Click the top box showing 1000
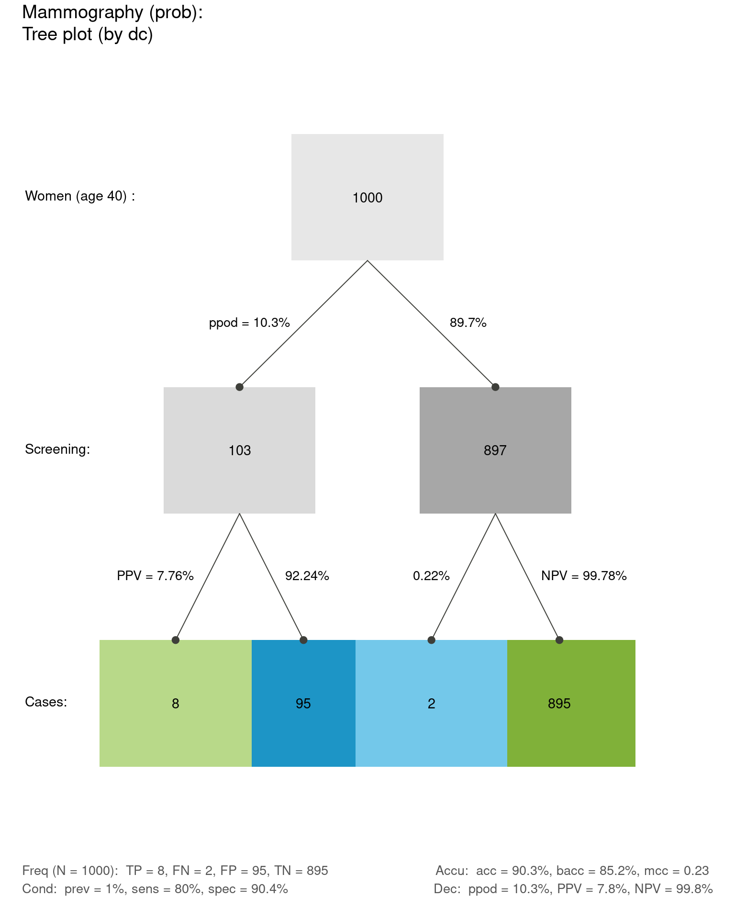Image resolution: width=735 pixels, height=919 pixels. (x=367, y=197)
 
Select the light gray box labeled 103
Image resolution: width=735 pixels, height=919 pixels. (x=239, y=450)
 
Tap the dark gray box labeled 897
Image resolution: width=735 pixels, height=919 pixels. (x=495, y=450)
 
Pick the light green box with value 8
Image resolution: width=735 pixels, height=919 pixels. (x=175, y=703)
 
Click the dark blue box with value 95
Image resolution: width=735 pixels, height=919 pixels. (x=303, y=703)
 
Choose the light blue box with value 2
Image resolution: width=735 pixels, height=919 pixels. (x=431, y=703)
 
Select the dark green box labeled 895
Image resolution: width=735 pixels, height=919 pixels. (x=571, y=703)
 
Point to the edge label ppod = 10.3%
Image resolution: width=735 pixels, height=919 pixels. (x=249, y=323)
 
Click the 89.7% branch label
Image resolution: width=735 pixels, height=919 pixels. (x=468, y=323)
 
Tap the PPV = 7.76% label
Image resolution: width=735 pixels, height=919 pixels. (x=155, y=576)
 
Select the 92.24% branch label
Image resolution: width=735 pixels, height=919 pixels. (x=307, y=576)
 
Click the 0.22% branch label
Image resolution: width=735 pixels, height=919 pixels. (x=431, y=576)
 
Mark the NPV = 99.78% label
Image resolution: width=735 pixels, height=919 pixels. (x=584, y=576)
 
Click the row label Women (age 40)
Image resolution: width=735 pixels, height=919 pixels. (x=80, y=196)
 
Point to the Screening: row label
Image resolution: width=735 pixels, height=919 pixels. (x=57, y=449)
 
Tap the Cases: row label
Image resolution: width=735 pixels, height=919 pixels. (x=46, y=702)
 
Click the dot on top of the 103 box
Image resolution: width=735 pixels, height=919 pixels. (x=239, y=387)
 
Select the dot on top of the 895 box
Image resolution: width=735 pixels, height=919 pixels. (x=559, y=640)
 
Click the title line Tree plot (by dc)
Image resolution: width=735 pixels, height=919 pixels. (x=88, y=34)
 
